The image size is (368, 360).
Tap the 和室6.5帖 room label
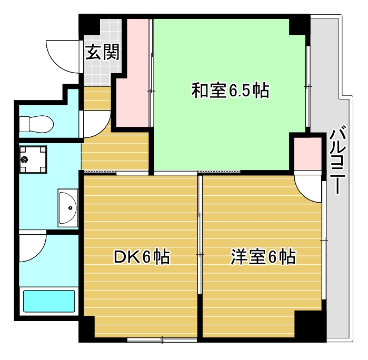(230, 91)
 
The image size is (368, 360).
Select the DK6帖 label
(142, 257)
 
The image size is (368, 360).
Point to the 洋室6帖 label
(262, 257)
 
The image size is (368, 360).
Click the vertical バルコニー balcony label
(337, 161)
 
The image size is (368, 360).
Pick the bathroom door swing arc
(33, 247)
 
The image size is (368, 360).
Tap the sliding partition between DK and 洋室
(200, 237)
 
